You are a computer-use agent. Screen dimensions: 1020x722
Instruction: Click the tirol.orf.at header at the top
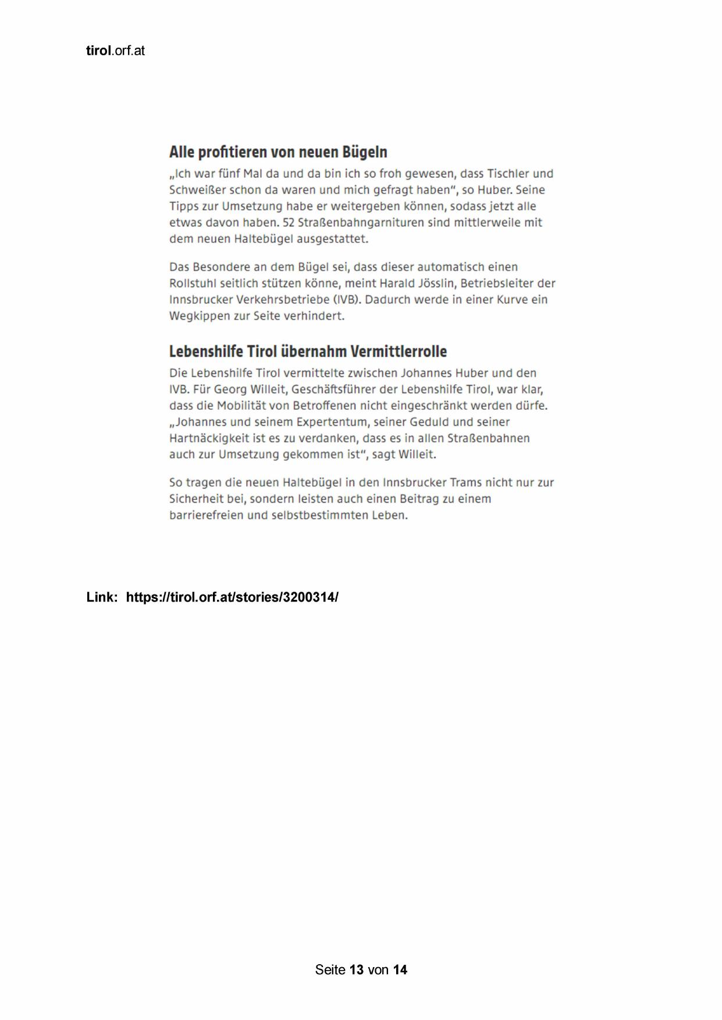coord(115,51)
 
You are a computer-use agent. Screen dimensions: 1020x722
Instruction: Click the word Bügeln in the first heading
coord(365,152)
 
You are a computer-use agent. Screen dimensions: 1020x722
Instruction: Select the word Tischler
coord(509,173)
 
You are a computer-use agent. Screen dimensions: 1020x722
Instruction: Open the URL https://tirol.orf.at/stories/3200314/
coord(232,597)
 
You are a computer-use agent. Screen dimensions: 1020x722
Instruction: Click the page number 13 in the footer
coord(357,969)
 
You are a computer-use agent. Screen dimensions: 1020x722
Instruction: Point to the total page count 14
coord(400,969)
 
